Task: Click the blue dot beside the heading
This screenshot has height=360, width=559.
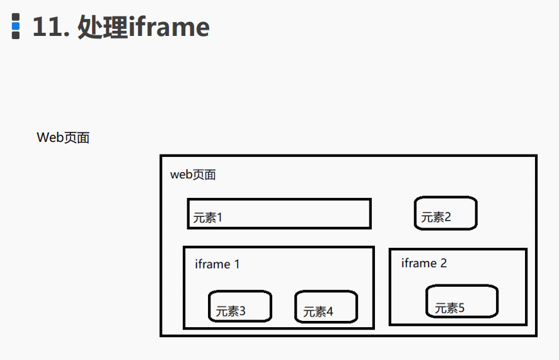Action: pyautogui.click(x=16, y=26)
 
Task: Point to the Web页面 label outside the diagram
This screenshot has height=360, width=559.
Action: pyautogui.click(x=63, y=137)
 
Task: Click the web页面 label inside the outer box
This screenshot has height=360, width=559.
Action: pyautogui.click(x=193, y=175)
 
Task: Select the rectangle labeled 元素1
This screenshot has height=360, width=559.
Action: pyautogui.click(x=279, y=214)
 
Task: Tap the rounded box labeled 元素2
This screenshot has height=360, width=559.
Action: pyautogui.click(x=446, y=214)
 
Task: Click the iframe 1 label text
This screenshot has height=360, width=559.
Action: pyautogui.click(x=217, y=264)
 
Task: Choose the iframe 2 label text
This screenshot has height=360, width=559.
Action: pyautogui.click(x=424, y=263)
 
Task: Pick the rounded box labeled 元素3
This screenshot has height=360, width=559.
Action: pyautogui.click(x=240, y=306)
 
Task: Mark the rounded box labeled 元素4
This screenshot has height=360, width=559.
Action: pyautogui.click(x=326, y=307)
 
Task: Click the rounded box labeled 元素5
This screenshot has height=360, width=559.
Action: pyautogui.click(x=462, y=301)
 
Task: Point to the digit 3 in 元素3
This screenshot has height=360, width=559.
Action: pyautogui.click(x=242, y=311)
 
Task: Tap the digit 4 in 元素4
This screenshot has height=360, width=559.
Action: pyautogui.click(x=330, y=311)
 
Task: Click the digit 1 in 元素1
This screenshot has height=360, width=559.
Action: pyautogui.click(x=220, y=218)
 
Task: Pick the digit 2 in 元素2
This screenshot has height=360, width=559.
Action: pyautogui.click(x=447, y=218)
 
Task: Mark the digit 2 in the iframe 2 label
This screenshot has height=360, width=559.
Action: pyautogui.click(x=443, y=263)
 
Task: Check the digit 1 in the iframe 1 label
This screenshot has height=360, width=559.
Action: pyautogui.click(x=237, y=264)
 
